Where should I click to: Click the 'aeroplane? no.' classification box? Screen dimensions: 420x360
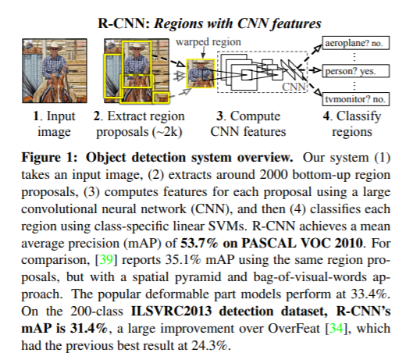click(356, 43)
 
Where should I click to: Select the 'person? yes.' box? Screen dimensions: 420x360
click(356, 71)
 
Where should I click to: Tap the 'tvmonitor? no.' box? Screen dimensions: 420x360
click(356, 99)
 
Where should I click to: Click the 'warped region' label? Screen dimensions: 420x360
click(208, 42)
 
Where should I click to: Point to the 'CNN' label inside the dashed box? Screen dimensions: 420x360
click(294, 87)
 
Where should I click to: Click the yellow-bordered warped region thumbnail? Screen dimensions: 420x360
click(201, 73)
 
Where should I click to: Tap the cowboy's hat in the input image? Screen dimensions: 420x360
click(54, 46)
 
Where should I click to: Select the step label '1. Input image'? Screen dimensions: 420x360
click(54, 123)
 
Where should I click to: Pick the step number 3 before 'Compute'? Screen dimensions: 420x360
click(219, 116)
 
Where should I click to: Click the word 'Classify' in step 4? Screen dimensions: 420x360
click(359, 117)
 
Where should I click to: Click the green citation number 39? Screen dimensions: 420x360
click(106, 260)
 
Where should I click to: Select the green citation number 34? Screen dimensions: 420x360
click(336, 329)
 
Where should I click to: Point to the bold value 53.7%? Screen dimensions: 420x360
click(200, 243)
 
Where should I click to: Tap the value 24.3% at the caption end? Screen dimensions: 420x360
click(209, 345)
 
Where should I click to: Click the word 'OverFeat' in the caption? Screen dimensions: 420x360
click(294, 329)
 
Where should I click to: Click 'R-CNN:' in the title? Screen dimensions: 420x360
click(124, 23)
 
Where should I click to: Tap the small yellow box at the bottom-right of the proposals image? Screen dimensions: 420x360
click(161, 98)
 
